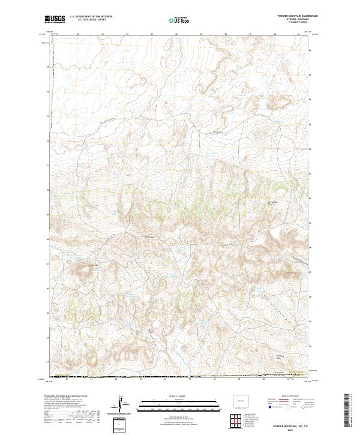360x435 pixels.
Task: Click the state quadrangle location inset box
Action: tap(236, 398)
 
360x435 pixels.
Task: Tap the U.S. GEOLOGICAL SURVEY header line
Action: tap(87, 20)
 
